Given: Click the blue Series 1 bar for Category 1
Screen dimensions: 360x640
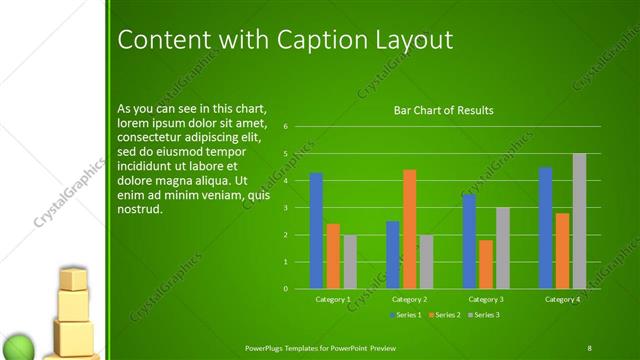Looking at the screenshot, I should [316, 230].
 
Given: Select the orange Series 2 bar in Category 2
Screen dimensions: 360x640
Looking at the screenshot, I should [409, 229].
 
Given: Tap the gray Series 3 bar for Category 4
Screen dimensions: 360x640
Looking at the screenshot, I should [579, 221].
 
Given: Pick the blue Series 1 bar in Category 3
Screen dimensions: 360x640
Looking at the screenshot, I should [469, 241].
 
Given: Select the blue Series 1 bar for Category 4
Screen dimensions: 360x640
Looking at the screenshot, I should [545, 227].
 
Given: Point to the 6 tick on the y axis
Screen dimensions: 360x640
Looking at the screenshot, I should [285, 127].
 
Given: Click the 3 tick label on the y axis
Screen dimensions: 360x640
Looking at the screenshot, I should [285, 208].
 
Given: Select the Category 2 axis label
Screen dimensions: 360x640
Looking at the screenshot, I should [409, 299].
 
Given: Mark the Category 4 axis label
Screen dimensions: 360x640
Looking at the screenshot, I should [562, 299].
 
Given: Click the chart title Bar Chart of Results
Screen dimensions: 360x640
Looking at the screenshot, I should [443, 110].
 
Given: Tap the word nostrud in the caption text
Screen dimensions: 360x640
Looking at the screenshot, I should [139, 209].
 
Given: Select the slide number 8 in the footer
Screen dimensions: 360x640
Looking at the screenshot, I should [589, 347].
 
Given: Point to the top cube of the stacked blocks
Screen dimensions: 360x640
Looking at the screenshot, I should [73, 279].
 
